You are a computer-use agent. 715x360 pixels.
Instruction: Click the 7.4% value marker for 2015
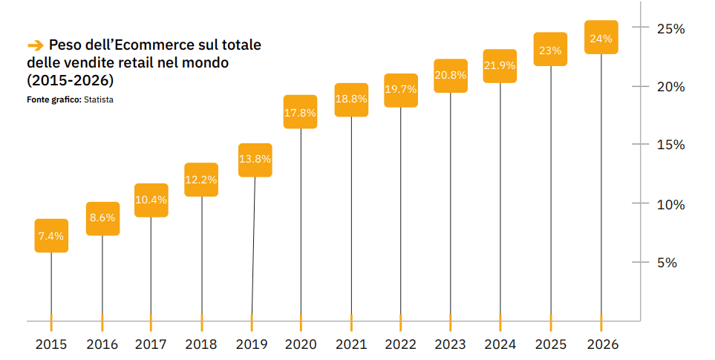pyautogui.click(x=51, y=236)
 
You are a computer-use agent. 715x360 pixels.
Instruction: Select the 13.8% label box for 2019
pyautogui.click(x=255, y=160)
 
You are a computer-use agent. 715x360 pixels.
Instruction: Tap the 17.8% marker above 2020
pyautogui.click(x=301, y=113)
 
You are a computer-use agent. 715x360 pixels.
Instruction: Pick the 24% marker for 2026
pyautogui.click(x=601, y=39)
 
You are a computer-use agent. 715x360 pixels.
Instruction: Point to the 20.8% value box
pyautogui.click(x=451, y=75)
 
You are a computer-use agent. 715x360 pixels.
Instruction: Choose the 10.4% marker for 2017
pyautogui.click(x=151, y=200)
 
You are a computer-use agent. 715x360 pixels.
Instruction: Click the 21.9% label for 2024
pyautogui.click(x=500, y=65)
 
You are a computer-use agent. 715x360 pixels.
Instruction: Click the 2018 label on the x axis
pyautogui.click(x=200, y=344)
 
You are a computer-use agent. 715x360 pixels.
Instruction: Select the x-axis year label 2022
pyautogui.click(x=401, y=344)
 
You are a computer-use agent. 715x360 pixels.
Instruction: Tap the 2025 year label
pyautogui.click(x=550, y=344)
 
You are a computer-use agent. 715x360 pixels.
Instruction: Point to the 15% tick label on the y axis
pyautogui.click(x=670, y=145)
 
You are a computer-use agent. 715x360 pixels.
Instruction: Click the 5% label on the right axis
pyautogui.click(x=666, y=262)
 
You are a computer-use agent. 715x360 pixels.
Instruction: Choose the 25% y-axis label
pyautogui.click(x=670, y=28)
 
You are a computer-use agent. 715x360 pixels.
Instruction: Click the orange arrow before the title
pyautogui.click(x=35, y=45)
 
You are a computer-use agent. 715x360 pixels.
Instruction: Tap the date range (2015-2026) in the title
pyautogui.click(x=71, y=79)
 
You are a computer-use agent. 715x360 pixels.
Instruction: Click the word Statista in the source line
pyautogui.click(x=99, y=99)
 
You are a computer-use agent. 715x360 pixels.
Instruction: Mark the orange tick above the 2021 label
pyautogui.click(x=350, y=321)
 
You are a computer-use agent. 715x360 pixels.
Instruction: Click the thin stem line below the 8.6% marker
pyautogui.click(x=102, y=275)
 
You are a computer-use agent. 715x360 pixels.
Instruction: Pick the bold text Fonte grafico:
pyautogui.click(x=54, y=99)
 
